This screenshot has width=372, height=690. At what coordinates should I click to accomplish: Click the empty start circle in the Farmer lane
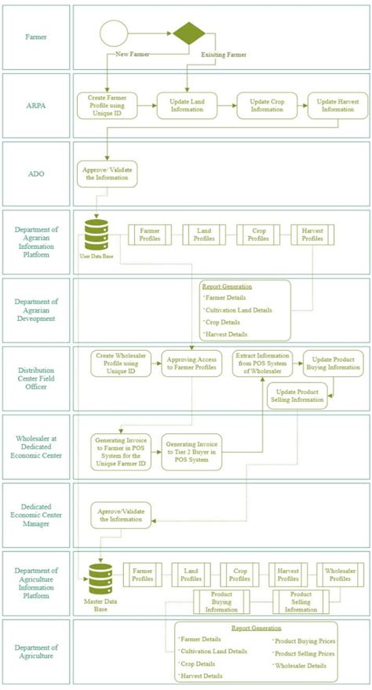pyautogui.click(x=112, y=35)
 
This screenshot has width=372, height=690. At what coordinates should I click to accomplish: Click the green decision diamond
pyautogui.click(x=188, y=35)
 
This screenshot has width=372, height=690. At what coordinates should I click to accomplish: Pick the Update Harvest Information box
pyautogui.click(x=337, y=105)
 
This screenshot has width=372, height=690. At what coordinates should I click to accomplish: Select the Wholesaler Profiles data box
pyautogui.click(x=340, y=574)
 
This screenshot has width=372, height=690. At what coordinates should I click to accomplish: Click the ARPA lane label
pyautogui.click(x=36, y=106)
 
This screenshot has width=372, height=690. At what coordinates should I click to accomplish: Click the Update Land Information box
pyautogui.click(x=185, y=105)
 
